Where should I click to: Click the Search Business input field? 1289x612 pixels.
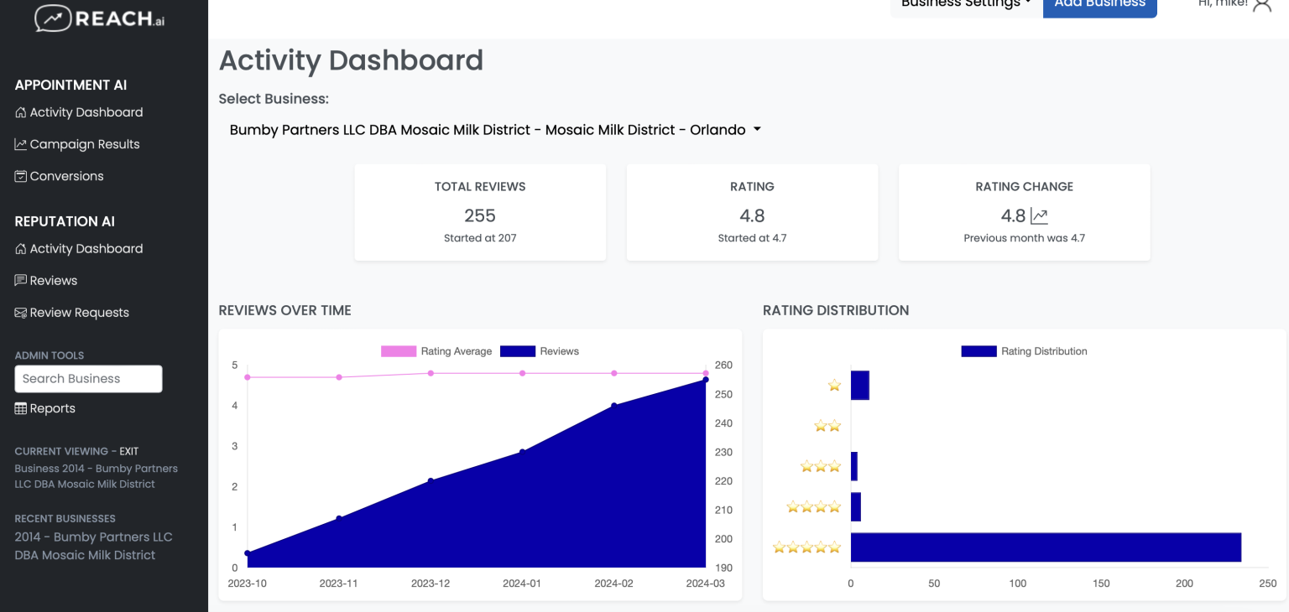coord(88,379)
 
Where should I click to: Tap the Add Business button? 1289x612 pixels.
coord(1099,5)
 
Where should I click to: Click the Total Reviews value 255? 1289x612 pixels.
coord(480,215)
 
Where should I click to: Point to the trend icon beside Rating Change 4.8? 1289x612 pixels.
coord(1039,216)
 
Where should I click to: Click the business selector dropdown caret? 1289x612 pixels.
coord(757,130)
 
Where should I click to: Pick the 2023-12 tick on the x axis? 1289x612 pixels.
coord(431,583)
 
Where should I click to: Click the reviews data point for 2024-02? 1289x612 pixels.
coord(614,406)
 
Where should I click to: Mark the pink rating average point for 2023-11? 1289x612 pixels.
coord(339,377)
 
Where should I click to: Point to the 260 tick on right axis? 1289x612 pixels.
coord(723,366)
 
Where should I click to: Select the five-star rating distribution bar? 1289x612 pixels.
coord(1045,547)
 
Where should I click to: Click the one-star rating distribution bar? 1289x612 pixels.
coord(859,386)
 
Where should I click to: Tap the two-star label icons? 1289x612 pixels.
coord(827,426)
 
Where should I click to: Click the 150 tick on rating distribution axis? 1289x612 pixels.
coord(1101,583)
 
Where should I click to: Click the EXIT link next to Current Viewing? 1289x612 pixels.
coord(128,451)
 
